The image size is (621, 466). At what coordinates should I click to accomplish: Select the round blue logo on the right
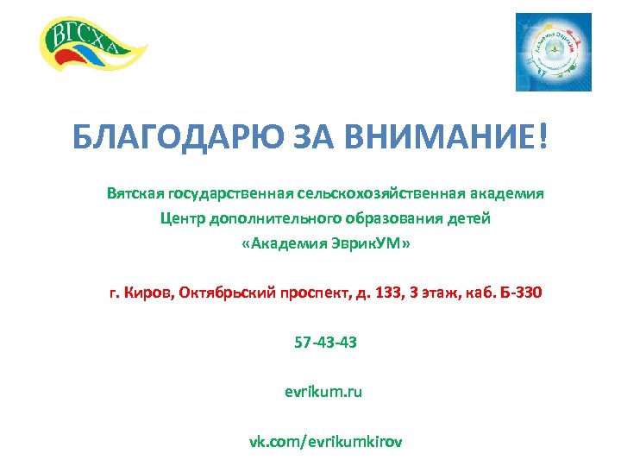pos(553,52)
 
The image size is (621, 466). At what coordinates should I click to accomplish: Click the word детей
pos(468,218)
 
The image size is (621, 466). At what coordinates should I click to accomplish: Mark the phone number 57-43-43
pos(324,343)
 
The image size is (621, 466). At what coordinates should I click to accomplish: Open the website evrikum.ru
pos(323,393)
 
